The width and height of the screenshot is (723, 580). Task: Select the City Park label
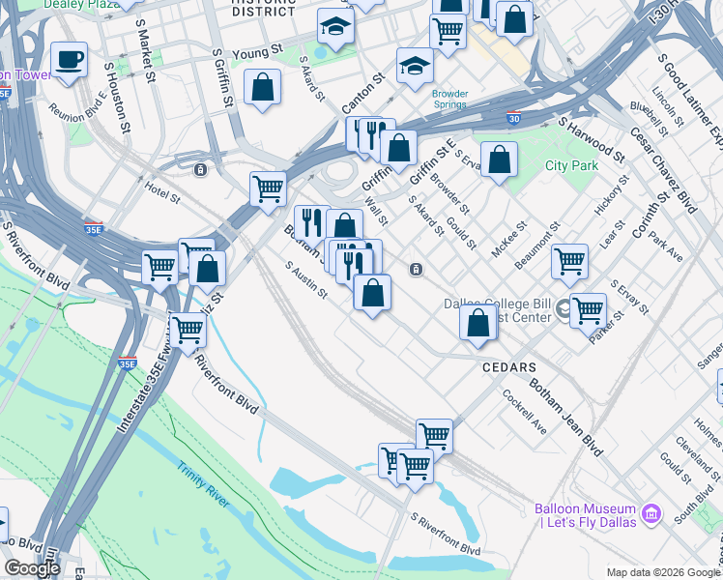point(571,165)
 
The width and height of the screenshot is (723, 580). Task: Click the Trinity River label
point(204,474)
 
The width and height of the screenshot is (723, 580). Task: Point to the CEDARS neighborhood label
point(509,368)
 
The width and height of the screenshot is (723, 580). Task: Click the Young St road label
point(263,47)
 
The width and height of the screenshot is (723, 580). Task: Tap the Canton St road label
point(362,92)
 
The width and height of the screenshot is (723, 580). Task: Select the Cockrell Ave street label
point(525,411)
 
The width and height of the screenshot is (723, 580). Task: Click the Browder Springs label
point(449,99)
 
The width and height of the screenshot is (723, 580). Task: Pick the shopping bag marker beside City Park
point(499,160)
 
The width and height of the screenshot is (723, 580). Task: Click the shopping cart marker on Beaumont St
point(569,260)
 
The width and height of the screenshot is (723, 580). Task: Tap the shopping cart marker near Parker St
point(588,310)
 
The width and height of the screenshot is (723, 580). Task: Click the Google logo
point(32,568)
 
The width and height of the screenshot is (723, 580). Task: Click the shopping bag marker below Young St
point(263,88)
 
